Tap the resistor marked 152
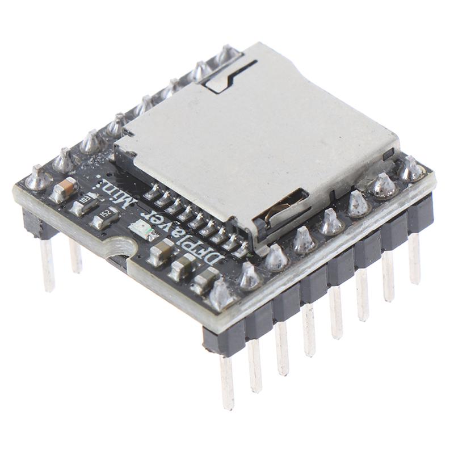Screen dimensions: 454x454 coord(105,217)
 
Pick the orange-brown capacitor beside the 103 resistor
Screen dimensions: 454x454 coord(64,189)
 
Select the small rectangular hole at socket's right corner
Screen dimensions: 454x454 coord(388,154)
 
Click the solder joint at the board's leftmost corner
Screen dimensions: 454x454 coord(39,178)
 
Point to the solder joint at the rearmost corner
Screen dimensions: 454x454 coord(228,54)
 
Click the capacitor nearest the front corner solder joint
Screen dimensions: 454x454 coord(204,279)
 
